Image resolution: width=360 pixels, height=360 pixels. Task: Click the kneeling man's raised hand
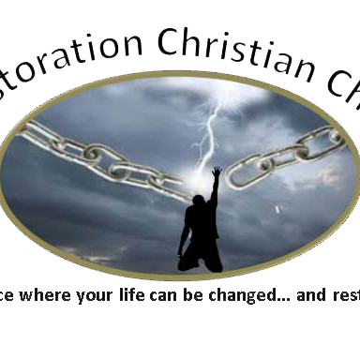[x=217, y=173]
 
